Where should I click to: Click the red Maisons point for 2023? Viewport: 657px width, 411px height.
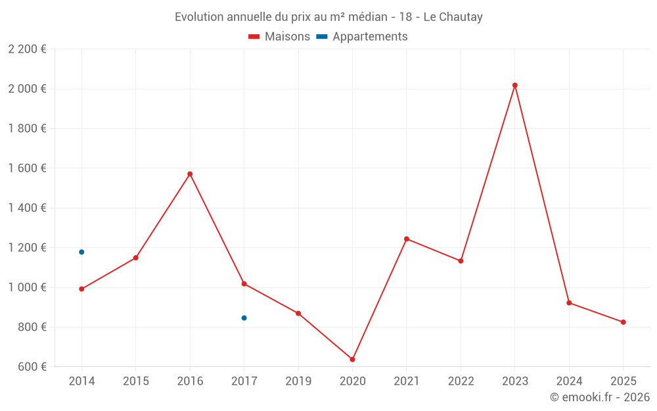coord(515,85)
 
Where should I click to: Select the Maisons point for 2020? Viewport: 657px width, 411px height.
coord(352,360)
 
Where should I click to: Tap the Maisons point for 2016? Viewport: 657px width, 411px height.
coord(190,174)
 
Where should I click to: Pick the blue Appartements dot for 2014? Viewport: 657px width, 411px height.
coord(81,252)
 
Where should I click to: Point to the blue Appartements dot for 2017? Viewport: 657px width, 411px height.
coord(244,318)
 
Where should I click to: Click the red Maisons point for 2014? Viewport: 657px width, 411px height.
coord(81,289)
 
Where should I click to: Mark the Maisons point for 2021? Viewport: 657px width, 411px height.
coord(407,239)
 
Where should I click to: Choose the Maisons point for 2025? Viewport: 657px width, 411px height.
coord(623,322)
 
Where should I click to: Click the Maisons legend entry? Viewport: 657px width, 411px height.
coord(279,37)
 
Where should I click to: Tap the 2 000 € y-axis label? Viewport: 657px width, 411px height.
coord(27,89)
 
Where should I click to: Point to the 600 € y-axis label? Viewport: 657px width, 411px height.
coord(31,367)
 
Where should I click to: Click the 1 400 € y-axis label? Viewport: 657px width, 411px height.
coord(27,208)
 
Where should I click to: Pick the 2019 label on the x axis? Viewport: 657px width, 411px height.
coord(298,381)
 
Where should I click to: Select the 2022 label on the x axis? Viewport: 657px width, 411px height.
coord(461,381)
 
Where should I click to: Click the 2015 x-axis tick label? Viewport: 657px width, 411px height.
coord(136,381)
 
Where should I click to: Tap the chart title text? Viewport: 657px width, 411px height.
coord(328,17)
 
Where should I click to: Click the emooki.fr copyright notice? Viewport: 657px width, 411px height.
coord(600,397)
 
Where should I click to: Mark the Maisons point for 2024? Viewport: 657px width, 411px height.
coord(569,303)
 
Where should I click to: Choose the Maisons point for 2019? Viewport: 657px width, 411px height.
coord(298,314)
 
